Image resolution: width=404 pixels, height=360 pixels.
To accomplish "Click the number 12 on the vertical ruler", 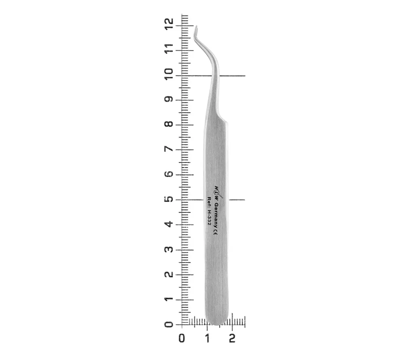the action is tap(169, 24).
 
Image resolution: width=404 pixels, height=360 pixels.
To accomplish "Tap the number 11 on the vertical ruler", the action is tap(169, 49).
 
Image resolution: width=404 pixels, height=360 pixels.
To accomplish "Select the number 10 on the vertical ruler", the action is tap(169, 74).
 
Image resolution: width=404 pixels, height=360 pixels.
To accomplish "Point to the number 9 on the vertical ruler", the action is tap(169, 99).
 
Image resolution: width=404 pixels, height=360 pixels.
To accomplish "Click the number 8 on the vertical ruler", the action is tap(169, 124).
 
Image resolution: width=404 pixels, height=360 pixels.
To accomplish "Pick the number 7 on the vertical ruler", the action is tap(169, 149).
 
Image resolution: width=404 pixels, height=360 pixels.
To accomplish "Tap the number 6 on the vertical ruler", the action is tap(169, 174).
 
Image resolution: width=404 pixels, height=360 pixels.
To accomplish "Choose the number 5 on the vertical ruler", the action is tap(169, 199).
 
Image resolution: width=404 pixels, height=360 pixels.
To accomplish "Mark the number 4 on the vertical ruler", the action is tap(169, 224).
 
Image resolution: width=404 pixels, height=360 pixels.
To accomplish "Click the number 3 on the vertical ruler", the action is tap(169, 249).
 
